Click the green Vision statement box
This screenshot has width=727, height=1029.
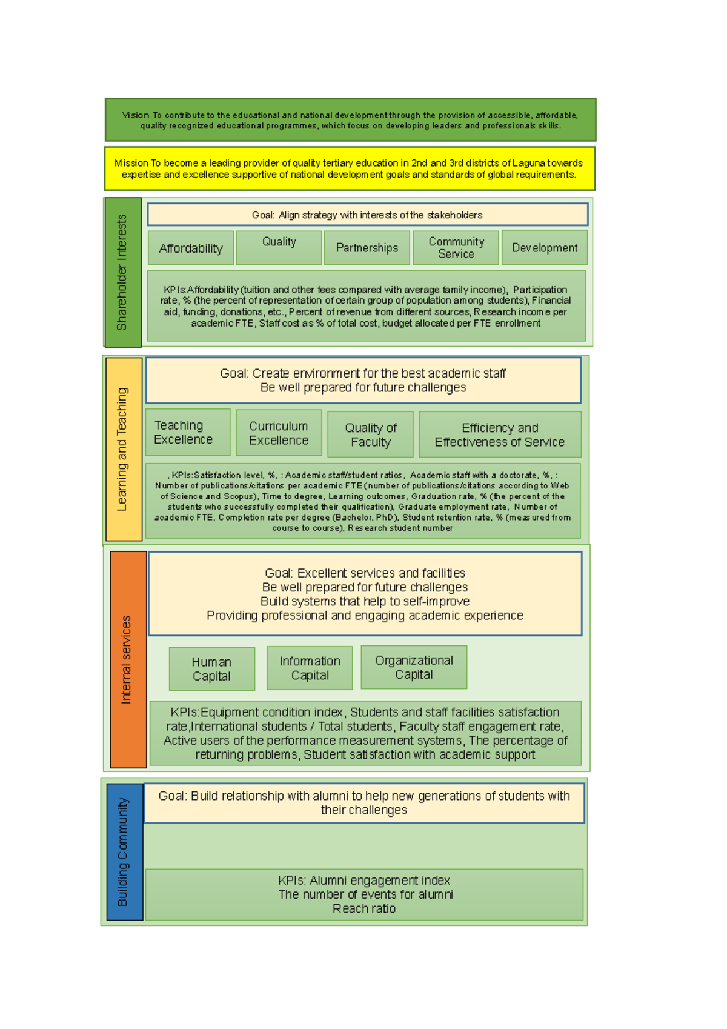[350, 120]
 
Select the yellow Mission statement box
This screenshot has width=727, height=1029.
[350, 168]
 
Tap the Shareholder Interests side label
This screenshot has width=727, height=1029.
[123, 272]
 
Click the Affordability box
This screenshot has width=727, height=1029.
[191, 248]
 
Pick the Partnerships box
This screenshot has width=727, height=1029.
[367, 248]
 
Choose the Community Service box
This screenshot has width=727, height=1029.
[456, 248]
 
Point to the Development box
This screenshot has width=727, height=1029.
[545, 247]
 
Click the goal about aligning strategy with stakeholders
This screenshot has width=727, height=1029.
[367, 215]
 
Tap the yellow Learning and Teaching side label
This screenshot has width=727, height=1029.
[124, 449]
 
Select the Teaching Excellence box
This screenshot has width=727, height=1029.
[188, 432]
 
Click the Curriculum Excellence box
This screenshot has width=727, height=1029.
[279, 433]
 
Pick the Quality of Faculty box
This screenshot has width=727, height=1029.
[370, 435]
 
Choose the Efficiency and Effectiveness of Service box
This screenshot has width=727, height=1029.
[500, 435]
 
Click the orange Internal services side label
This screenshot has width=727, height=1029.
[128, 659]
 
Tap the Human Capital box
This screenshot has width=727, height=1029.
[211, 669]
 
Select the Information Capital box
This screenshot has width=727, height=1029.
[310, 668]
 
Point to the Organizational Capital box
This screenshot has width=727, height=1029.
[414, 667]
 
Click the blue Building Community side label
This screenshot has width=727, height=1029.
[125, 851]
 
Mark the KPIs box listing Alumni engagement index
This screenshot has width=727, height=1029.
[364, 894]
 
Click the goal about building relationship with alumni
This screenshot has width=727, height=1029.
[364, 803]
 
